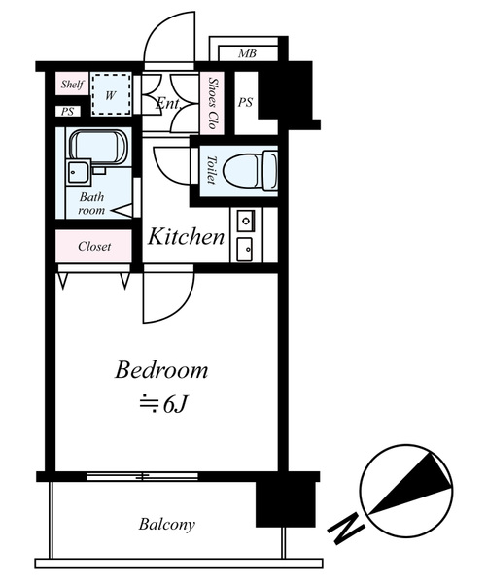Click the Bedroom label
pyautogui.click(x=160, y=371)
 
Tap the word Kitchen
pyautogui.click(x=186, y=236)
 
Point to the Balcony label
pyautogui.click(x=166, y=525)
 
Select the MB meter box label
pyautogui.click(x=248, y=53)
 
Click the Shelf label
pyautogui.click(x=72, y=84)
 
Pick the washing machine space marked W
pyautogui.click(x=111, y=94)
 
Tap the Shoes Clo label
pyautogui.click(x=213, y=103)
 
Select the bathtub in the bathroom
pyautogui.click(x=98, y=147)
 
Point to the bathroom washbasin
pyautogui.click(x=79, y=172)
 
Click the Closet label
pyautogui.click(x=94, y=246)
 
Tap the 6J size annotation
pyautogui.click(x=162, y=405)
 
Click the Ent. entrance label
pyautogui.click(x=168, y=103)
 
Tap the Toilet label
pyautogui.click(x=211, y=170)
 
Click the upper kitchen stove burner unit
pyautogui.click(x=246, y=221)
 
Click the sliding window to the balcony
pyautogui.click(x=142, y=476)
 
